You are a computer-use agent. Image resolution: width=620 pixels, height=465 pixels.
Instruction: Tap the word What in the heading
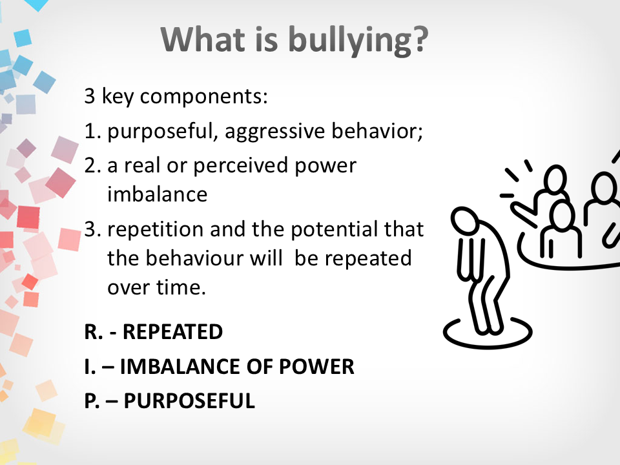[203, 39]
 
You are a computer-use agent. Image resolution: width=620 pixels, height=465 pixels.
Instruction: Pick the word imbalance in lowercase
[158, 194]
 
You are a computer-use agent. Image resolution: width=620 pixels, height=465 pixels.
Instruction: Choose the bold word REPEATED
[173, 332]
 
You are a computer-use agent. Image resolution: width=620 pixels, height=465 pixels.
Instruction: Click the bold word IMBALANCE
[180, 367]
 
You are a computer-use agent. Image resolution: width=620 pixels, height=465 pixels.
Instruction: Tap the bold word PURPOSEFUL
[189, 401]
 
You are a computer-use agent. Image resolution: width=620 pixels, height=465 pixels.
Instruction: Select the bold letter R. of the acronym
[93, 332]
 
